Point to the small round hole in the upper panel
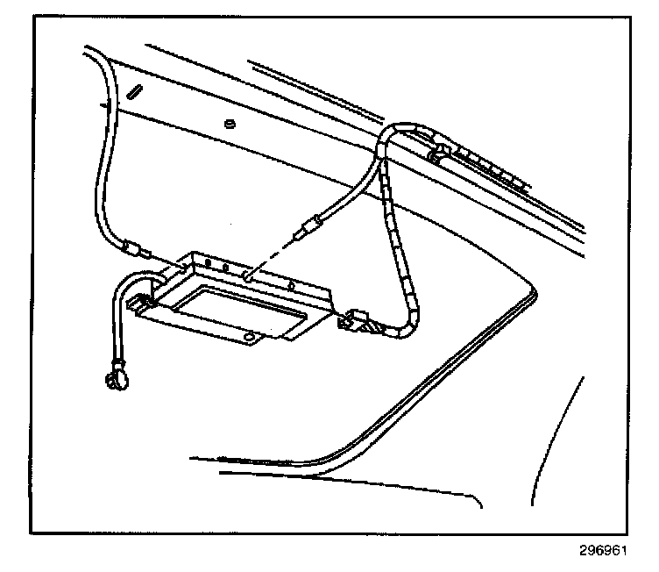click(x=230, y=123)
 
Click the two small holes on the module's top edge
click(x=216, y=264)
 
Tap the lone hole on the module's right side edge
click(x=291, y=286)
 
